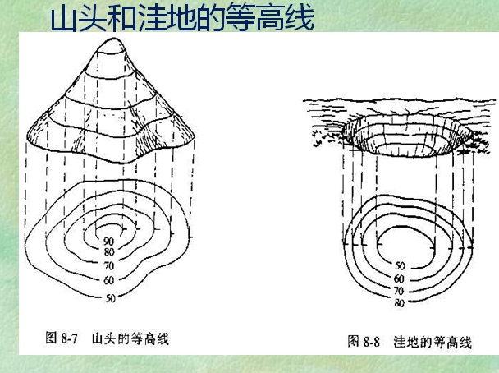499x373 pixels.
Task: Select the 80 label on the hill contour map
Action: tap(109, 251)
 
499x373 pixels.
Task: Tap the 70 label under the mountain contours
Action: tap(109, 266)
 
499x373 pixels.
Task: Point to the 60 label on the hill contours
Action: tap(109, 280)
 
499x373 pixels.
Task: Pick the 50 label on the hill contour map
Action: tap(109, 297)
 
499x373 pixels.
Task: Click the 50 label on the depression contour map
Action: tap(401, 266)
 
